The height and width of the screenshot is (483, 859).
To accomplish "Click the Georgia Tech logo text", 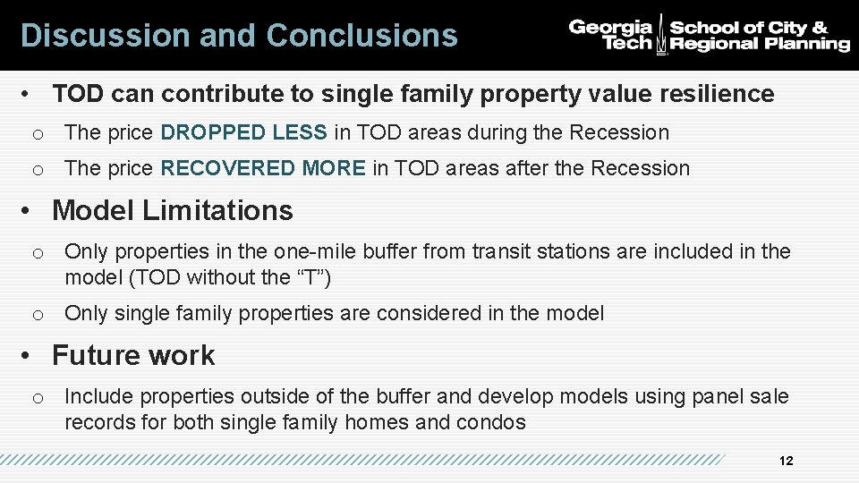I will (x=611, y=35).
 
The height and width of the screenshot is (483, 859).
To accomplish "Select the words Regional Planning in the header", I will (x=760, y=44).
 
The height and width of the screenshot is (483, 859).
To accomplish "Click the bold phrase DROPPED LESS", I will (x=243, y=132).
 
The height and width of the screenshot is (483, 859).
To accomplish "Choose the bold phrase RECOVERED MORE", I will (x=263, y=168).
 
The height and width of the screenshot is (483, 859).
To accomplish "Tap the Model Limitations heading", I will (x=172, y=210).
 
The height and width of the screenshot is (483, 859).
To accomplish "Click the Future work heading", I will (x=133, y=355).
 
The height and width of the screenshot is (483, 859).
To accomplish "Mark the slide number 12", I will (x=787, y=461).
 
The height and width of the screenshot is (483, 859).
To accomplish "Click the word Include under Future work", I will (x=98, y=396).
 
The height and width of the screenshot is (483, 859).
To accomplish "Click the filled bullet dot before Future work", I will (x=29, y=356).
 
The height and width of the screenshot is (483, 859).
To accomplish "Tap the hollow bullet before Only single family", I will (x=38, y=314).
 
